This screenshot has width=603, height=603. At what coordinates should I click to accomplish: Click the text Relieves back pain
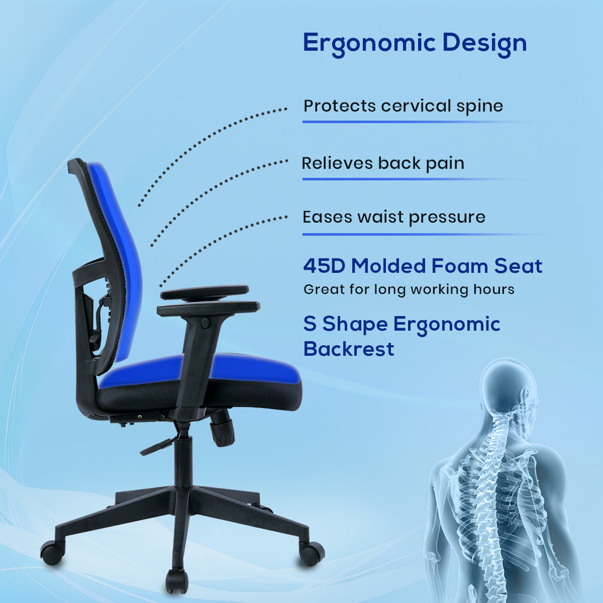[x=383, y=164]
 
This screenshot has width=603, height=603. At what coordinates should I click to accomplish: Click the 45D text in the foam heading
[x=324, y=266]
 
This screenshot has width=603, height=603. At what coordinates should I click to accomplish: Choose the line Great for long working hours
[x=409, y=290]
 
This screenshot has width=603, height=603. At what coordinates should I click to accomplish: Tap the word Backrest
[x=349, y=349]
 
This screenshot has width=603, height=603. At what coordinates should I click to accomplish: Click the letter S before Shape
[x=310, y=323]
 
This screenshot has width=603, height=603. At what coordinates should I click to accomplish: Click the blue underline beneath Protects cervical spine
[x=415, y=122]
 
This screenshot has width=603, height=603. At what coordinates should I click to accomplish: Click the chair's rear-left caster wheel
[x=52, y=552]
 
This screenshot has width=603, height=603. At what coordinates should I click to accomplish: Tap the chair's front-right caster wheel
[x=312, y=554]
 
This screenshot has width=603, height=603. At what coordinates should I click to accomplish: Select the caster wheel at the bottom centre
[x=177, y=581]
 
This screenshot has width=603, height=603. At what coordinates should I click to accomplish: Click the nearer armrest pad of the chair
[x=208, y=309]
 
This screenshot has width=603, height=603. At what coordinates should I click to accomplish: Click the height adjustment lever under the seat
[x=158, y=446]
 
